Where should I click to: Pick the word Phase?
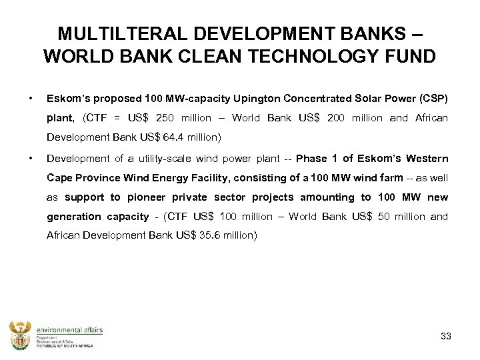point(311,159)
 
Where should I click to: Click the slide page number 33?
point(446,336)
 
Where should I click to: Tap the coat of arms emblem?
point(21,335)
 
